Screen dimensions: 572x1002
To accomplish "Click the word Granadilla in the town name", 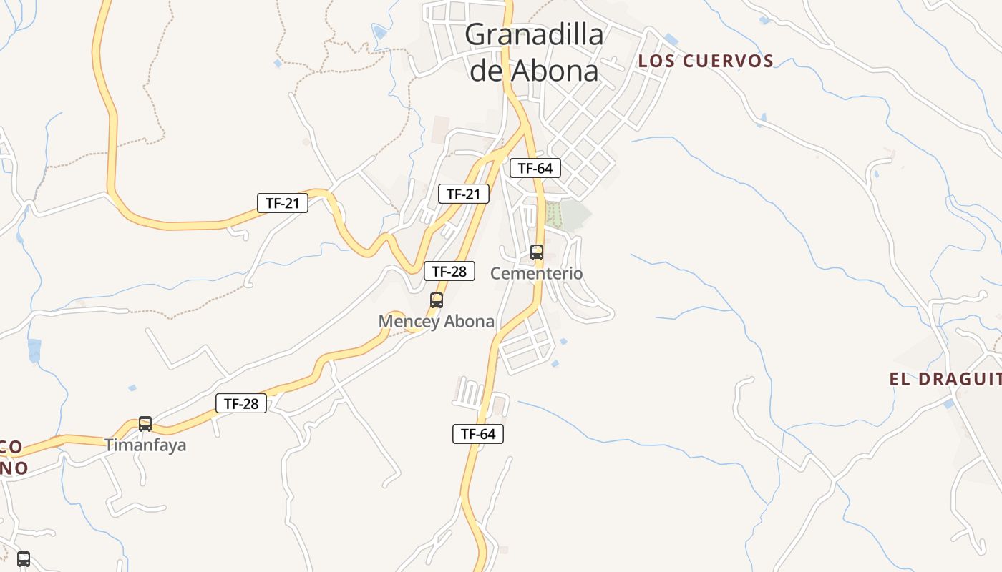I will [x=534, y=34].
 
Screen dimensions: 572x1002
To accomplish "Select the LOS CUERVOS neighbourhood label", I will [x=706, y=61].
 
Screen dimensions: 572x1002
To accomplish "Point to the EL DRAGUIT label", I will [x=945, y=379].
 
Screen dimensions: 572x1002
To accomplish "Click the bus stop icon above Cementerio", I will [x=537, y=252].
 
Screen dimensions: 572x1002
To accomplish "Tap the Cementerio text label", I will [x=537, y=273].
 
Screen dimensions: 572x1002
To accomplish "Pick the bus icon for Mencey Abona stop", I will [x=437, y=300].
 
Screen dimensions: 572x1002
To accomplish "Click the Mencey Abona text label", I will [x=437, y=322].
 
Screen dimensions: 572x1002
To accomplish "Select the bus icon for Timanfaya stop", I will [x=145, y=424].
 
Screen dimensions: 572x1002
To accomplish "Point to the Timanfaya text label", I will [x=145, y=445].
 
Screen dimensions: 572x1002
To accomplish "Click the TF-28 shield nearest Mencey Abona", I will [x=449, y=271].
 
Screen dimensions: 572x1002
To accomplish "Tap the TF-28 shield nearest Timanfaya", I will [x=241, y=403].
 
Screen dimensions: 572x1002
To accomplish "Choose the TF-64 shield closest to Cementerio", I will [x=535, y=169].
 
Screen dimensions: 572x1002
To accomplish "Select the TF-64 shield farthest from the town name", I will [x=478, y=433].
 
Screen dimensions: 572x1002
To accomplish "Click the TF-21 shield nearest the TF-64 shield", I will [x=464, y=194].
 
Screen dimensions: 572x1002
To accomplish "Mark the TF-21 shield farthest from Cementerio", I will [x=283, y=203].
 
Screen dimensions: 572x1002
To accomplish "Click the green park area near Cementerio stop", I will [x=569, y=215].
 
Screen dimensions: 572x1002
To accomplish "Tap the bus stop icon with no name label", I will [x=24, y=558].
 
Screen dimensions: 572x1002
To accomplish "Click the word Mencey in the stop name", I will [x=405, y=322].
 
